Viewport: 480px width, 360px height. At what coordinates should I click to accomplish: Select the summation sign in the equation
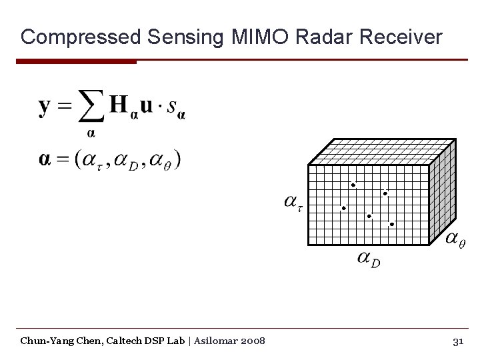(x=91, y=106)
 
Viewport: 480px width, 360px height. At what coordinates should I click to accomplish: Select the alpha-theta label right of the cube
(x=455, y=239)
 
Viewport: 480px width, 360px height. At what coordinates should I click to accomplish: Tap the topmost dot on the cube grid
(x=353, y=185)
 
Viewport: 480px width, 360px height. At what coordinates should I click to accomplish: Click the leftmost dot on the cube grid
(x=344, y=208)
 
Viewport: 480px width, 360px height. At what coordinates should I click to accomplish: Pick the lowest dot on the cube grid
(x=392, y=225)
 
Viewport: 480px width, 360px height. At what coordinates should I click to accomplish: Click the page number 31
(x=457, y=341)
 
